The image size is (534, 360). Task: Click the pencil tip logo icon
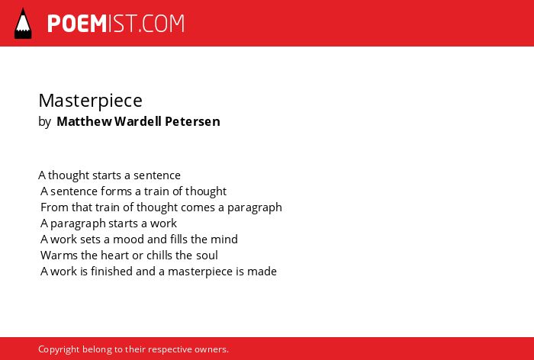coord(23,23)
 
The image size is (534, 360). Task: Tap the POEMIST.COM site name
coord(116,24)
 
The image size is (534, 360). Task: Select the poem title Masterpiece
coord(90,101)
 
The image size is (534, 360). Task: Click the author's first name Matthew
coord(84,121)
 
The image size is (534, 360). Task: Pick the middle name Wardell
coord(138,121)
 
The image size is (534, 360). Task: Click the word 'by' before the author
coord(44,122)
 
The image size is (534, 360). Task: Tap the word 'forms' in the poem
coord(111,191)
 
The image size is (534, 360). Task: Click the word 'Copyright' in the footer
coord(59,349)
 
